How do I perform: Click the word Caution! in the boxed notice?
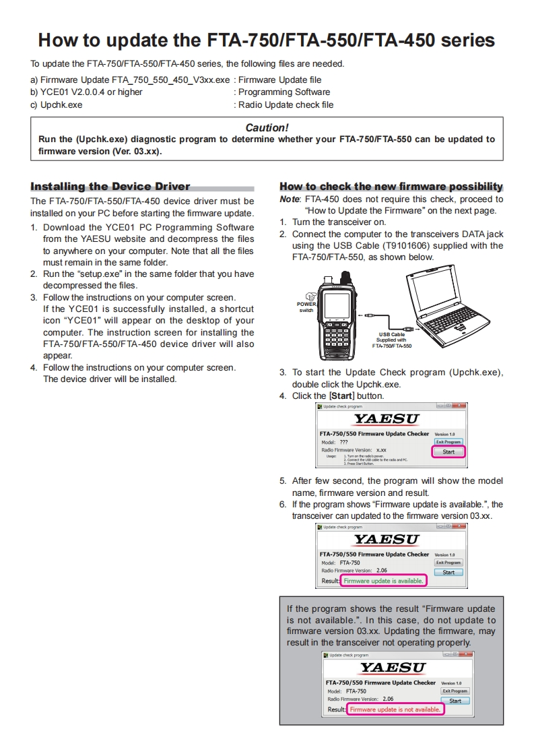267,127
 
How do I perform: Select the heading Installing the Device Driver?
110,187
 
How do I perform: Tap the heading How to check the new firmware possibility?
391,187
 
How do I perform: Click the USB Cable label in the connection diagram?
392,334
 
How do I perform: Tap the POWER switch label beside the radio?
306,307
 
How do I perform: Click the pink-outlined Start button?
448,452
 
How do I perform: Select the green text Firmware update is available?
383,580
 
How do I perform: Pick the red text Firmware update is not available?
395,709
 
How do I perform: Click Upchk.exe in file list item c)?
61,105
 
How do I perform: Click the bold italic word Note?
290,199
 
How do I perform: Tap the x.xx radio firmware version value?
381,449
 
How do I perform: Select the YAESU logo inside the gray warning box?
393,667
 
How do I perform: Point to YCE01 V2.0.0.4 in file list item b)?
78,92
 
